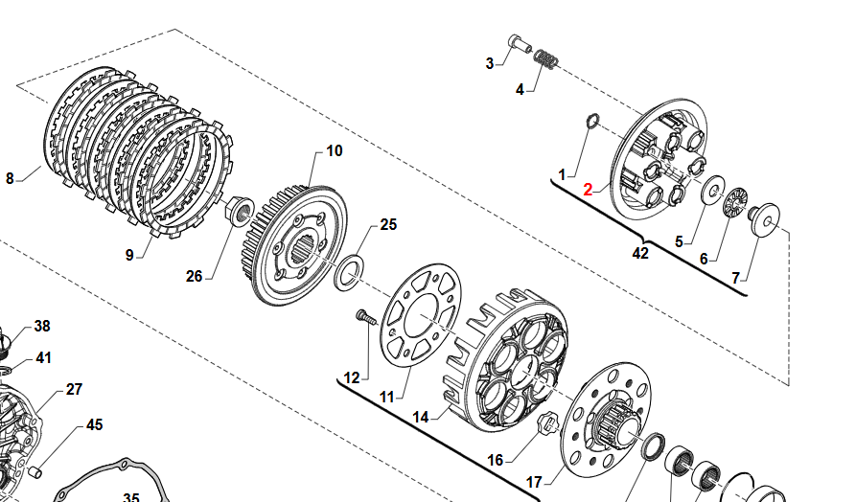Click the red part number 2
(x=590, y=190)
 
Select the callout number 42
(x=640, y=254)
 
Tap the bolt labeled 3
(x=520, y=43)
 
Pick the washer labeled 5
(x=712, y=189)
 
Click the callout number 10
(x=334, y=151)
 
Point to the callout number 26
(x=195, y=277)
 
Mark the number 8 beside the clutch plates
(x=10, y=178)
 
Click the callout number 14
(x=420, y=418)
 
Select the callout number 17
(x=533, y=481)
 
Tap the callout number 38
(x=42, y=327)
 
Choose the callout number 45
(x=94, y=424)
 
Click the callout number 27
(x=74, y=390)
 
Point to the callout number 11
(x=386, y=398)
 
